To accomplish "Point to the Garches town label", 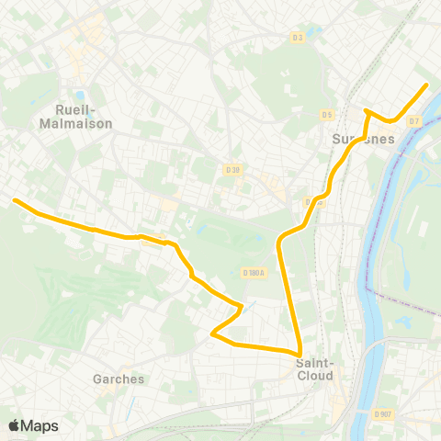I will click(119, 379).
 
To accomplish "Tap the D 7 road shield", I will click(414, 120).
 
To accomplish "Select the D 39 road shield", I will click(232, 169).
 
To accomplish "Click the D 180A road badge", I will click(254, 272).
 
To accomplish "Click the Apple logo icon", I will click(14, 425).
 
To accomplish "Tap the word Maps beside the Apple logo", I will click(40, 426).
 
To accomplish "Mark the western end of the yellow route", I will click(14, 199).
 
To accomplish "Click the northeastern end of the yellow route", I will click(426, 85).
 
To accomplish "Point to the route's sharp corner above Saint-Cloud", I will click(300, 353).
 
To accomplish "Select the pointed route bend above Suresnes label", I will click(366, 111).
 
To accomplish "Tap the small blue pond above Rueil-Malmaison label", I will click(80, 95).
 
